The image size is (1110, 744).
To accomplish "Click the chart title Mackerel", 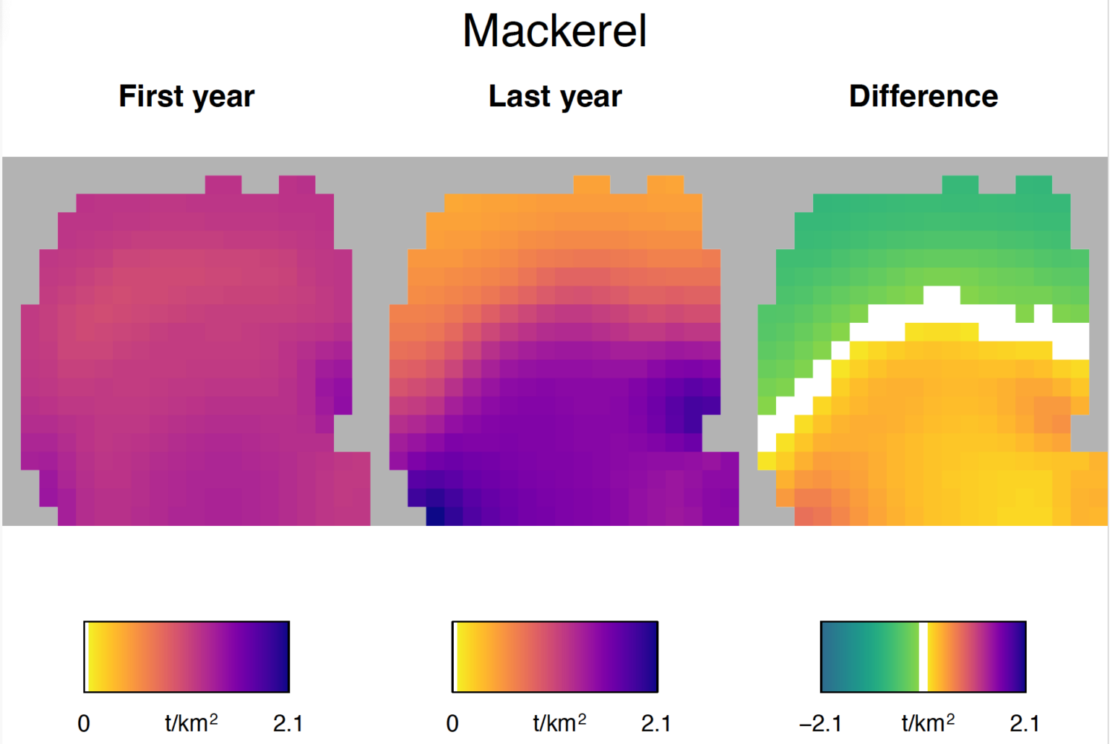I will click(x=554, y=32).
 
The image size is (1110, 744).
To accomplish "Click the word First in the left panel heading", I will click(x=150, y=96).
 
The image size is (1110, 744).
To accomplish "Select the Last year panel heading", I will click(x=554, y=96).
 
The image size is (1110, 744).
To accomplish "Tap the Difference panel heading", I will click(x=923, y=96).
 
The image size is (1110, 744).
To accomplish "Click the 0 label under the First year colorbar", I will click(x=84, y=723).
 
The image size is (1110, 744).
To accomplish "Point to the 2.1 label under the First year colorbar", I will click(x=288, y=723).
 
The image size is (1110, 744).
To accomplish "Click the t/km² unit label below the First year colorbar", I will click(x=191, y=722).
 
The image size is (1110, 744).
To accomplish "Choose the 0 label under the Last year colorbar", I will click(x=452, y=723).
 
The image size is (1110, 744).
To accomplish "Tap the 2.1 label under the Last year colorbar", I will click(x=655, y=723).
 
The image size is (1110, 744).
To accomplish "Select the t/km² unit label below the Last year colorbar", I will click(x=559, y=722).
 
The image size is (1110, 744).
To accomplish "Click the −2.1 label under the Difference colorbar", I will click(x=820, y=723).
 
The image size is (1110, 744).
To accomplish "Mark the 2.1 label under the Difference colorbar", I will click(x=1024, y=723).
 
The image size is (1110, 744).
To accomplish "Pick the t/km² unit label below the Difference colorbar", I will click(x=927, y=722).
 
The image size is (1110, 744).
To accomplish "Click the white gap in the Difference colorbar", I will click(x=923, y=657).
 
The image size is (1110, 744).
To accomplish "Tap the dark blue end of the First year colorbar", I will click(x=282, y=657).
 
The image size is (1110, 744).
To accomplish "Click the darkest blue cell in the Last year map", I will click(x=435, y=516).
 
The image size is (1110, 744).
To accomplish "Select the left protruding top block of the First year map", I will click(x=223, y=184).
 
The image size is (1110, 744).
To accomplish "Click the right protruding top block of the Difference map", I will click(x=1033, y=184).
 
